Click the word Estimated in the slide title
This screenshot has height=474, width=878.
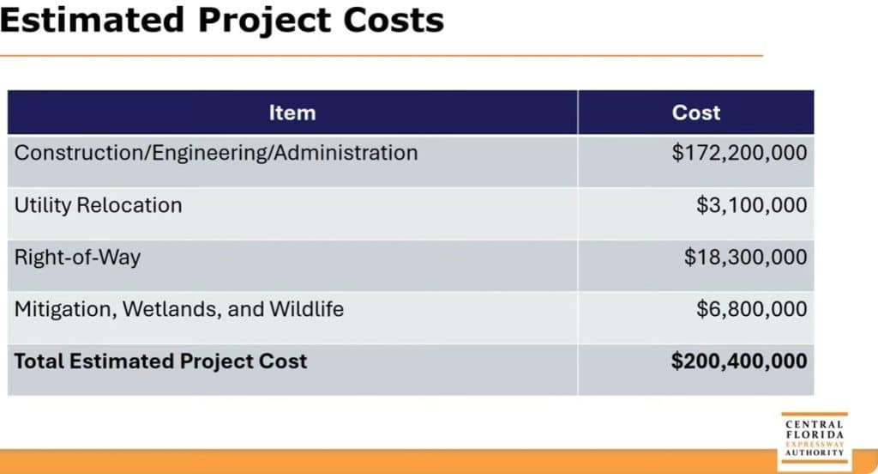92,19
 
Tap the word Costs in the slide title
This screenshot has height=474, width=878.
394,19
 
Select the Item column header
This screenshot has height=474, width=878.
292,112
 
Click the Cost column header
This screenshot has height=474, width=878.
695,112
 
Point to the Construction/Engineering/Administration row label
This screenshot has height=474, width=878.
216,153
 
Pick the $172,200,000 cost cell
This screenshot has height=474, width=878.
739,153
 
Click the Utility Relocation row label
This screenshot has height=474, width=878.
98,205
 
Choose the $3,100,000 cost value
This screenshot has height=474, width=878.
751,205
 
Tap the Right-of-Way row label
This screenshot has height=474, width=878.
77,257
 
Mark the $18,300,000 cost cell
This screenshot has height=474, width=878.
745,257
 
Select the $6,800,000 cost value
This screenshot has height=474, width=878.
751,309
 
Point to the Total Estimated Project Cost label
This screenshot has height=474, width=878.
159,361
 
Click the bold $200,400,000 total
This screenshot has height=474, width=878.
738,361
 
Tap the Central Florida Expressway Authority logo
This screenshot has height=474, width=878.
814,438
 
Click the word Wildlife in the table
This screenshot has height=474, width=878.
306,309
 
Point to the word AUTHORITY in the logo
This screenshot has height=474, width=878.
814,453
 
